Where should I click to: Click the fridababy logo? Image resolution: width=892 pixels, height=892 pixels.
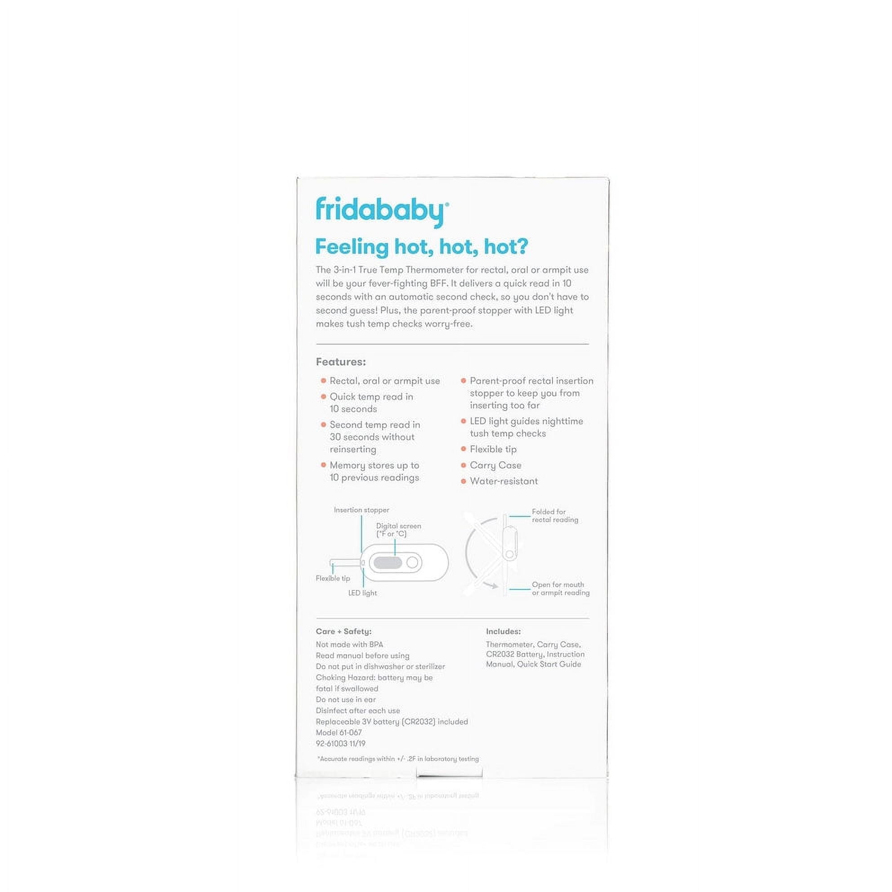(381, 211)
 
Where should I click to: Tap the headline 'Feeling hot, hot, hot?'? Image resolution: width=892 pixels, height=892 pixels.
(421, 246)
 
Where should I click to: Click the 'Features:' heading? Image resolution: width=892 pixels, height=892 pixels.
(340, 362)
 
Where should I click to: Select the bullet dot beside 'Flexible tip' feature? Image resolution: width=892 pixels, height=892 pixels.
(463, 449)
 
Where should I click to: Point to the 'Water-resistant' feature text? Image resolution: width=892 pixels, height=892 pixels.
(504, 481)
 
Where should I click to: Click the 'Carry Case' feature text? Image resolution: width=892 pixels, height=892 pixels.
(495, 465)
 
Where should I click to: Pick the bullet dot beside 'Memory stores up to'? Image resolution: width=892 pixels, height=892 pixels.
(323, 465)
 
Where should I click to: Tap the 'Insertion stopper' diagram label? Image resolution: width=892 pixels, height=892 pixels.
(361, 510)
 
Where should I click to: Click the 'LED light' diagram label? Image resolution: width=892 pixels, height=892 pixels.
(362, 593)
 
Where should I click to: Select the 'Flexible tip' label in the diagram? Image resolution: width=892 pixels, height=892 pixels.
(332, 578)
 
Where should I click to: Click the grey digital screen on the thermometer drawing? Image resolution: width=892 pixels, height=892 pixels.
(388, 562)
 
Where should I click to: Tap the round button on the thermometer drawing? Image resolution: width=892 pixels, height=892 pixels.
(412, 562)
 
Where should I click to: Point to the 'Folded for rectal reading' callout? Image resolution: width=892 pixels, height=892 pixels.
(554, 516)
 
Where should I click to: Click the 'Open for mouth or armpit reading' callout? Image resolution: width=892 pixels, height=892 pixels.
(560, 589)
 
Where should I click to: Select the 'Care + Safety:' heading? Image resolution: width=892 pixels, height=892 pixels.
(343, 631)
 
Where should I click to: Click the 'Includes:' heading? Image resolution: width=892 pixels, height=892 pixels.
(503, 631)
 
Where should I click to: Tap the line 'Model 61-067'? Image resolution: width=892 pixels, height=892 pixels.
(339, 732)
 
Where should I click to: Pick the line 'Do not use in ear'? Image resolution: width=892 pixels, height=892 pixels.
(345, 700)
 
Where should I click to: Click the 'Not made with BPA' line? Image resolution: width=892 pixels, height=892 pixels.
(349, 644)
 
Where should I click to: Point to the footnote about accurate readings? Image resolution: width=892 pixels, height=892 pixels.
(398, 758)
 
